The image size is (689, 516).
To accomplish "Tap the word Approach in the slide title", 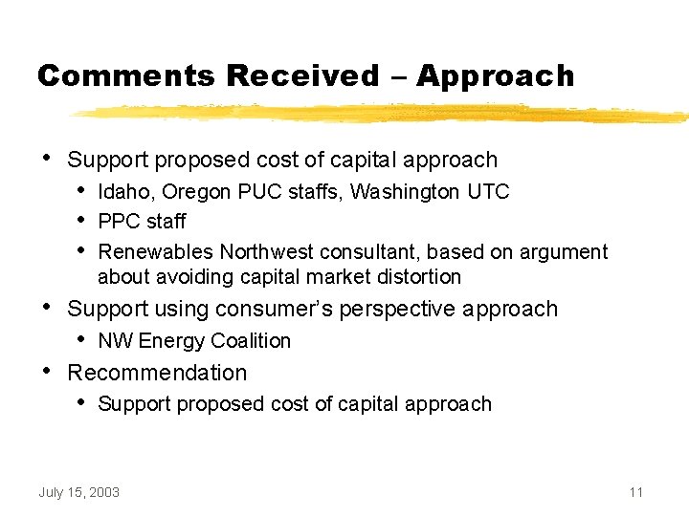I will (x=496, y=76).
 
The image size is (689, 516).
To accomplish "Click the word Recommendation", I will (x=157, y=373).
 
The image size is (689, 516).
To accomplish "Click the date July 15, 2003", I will (x=79, y=492).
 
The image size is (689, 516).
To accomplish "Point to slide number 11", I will (x=636, y=492).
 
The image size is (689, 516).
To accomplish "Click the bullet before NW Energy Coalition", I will (x=82, y=338).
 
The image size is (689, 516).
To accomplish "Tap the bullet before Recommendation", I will (x=47, y=370).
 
